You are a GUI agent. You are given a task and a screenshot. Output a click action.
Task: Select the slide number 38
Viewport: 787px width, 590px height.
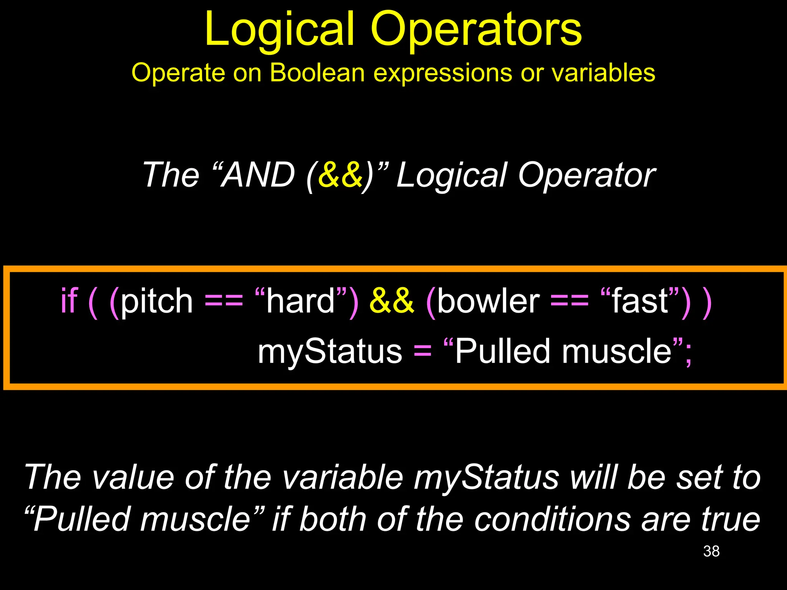point(711,551)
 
